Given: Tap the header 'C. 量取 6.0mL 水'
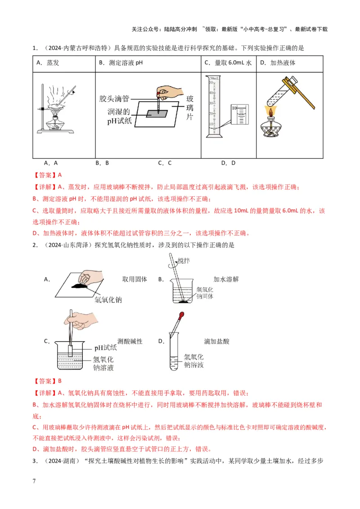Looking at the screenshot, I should [227, 63].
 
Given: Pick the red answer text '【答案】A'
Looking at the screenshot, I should [47, 175].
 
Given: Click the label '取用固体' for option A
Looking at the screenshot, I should [135, 279].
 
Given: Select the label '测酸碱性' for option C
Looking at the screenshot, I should [130, 342].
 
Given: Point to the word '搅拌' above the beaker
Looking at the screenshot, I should [184, 261].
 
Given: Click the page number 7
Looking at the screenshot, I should [34, 482].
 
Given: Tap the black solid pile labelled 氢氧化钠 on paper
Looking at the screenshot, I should [81, 285].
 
